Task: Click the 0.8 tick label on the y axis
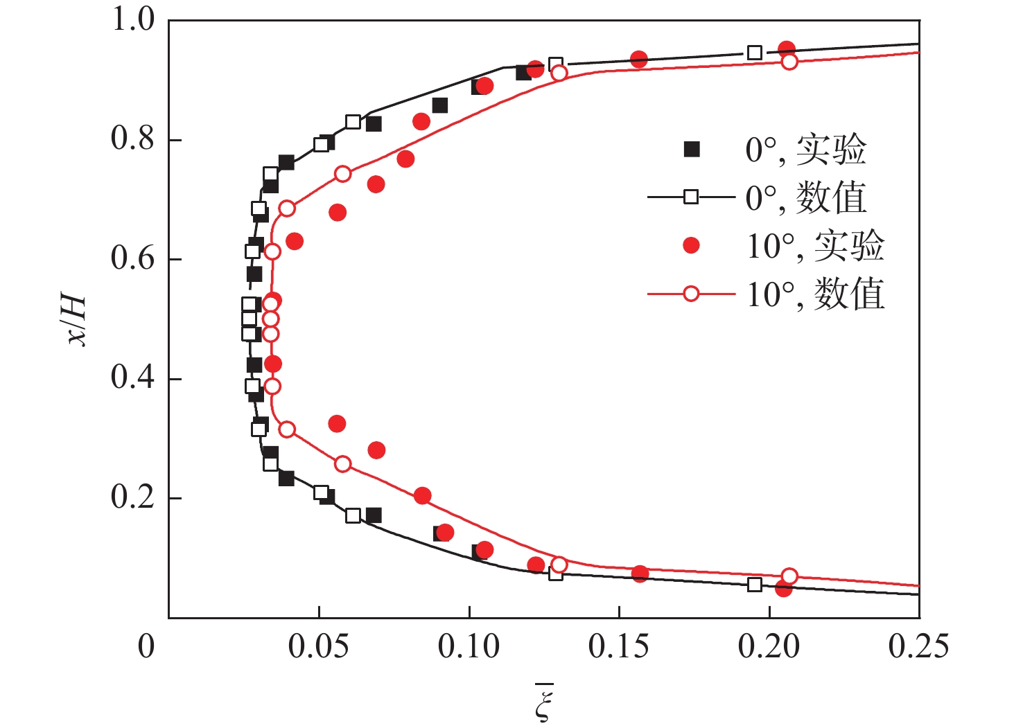pos(132,139)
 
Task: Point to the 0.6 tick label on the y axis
pos(132,259)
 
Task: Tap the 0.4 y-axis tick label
pos(132,378)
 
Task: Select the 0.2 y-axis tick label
pos(132,498)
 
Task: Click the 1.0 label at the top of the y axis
pos(132,21)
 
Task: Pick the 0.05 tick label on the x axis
pos(318,646)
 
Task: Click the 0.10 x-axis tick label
pos(469,646)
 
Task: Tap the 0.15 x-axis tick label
pos(618,646)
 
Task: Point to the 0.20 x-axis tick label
pos(769,646)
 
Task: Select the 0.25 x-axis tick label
pos(918,646)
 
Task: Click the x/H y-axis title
pos(75,321)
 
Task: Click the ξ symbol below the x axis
pos(544,702)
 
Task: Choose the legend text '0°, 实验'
pos(805,150)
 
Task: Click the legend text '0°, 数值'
pos(805,198)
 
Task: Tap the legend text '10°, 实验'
pos(815,246)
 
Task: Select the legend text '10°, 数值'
pos(815,294)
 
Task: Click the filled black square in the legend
pos(691,149)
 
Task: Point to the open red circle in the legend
pos(691,294)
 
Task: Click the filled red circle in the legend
pos(691,245)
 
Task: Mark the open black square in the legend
pos(691,197)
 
